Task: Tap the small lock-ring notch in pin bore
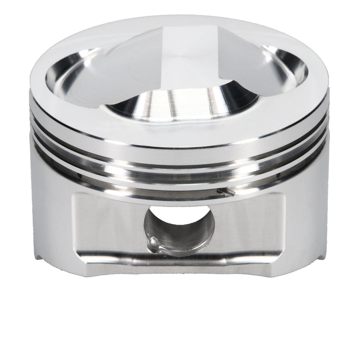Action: tap(153, 243)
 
